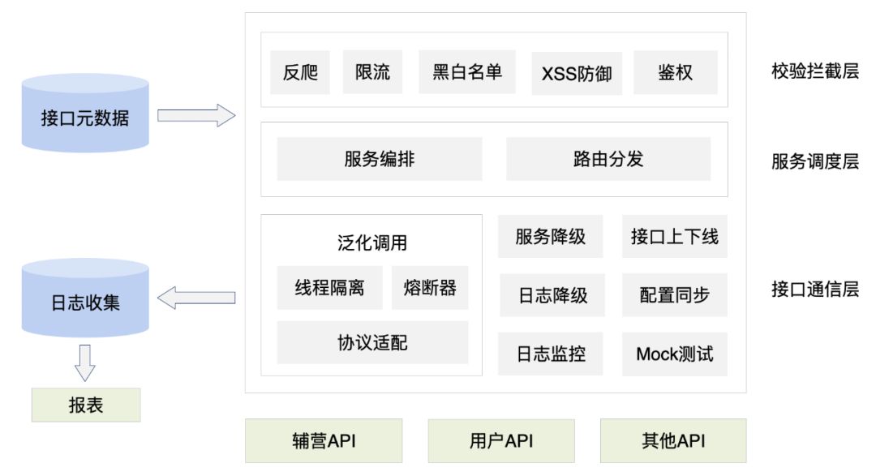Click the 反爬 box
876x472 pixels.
[300, 72]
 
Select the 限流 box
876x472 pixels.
[372, 72]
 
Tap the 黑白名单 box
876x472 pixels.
[466, 72]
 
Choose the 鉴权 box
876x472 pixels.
[676, 72]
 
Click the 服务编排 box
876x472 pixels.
[380, 159]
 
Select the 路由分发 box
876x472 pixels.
[608, 159]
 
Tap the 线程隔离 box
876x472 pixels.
[329, 288]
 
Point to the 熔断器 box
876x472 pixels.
[430, 288]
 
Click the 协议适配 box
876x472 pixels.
[372, 342]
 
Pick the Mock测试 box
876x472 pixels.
[675, 354]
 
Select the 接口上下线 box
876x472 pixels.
[675, 237]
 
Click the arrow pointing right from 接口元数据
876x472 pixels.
[195, 116]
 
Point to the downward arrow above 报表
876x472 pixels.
[85, 362]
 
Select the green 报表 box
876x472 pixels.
[85, 405]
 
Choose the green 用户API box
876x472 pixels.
[501, 441]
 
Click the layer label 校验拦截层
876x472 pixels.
[814, 71]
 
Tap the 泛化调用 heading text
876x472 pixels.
[372, 242]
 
